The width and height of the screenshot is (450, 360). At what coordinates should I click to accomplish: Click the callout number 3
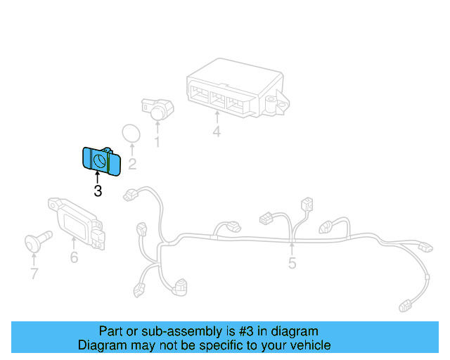click(x=97, y=191)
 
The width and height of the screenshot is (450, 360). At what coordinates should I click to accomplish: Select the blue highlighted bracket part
click(x=101, y=161)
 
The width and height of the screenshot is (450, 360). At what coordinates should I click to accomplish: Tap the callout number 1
click(x=157, y=143)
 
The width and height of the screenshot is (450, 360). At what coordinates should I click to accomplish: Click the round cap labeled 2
click(x=131, y=134)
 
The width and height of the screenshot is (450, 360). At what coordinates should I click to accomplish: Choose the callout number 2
click(x=131, y=165)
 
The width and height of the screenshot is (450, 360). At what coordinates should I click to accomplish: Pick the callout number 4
click(x=217, y=132)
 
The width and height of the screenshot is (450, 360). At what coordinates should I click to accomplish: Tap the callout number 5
click(x=292, y=264)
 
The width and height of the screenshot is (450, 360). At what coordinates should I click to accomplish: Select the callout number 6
click(x=74, y=257)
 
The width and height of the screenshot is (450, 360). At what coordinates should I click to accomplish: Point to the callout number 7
click(x=34, y=274)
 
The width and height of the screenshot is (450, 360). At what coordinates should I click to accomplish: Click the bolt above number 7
click(x=35, y=240)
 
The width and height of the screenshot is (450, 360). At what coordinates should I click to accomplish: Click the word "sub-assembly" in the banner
click(x=166, y=331)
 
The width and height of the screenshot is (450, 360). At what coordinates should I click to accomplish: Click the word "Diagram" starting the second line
click(x=103, y=345)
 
